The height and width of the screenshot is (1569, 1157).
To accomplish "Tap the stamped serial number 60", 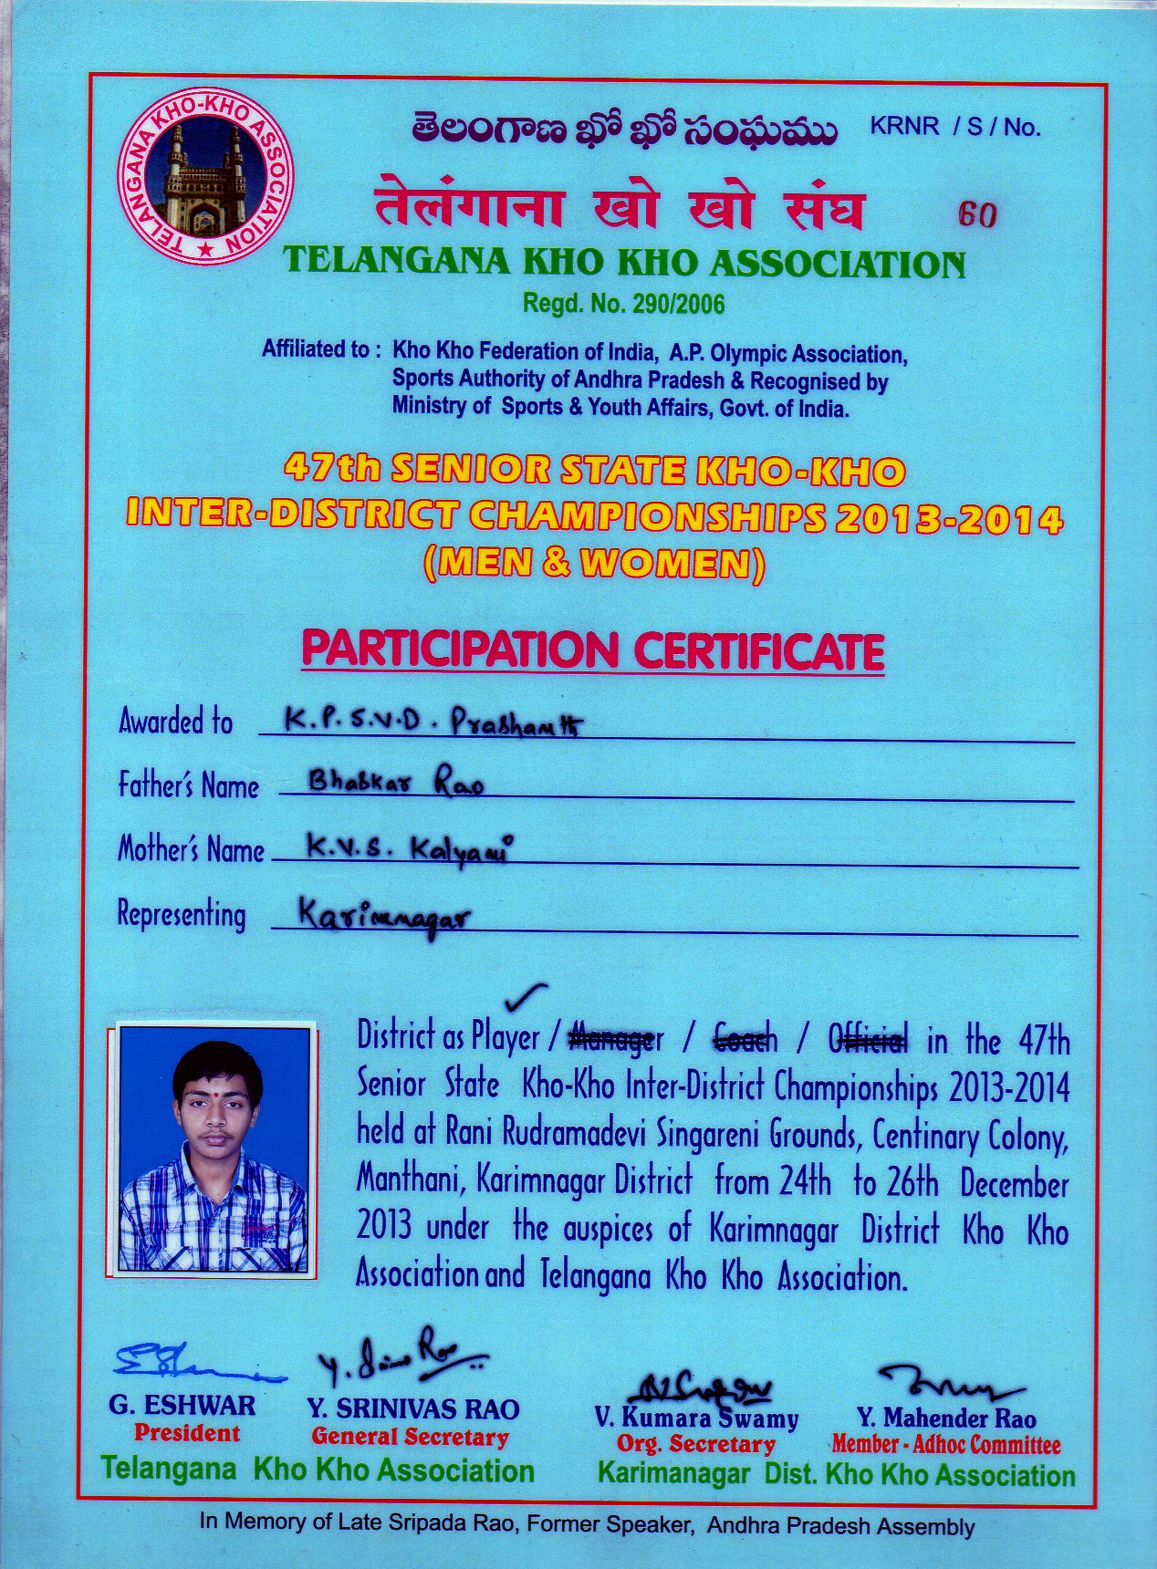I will [977, 214].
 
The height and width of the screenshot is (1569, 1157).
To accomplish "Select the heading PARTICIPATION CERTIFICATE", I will [593, 650].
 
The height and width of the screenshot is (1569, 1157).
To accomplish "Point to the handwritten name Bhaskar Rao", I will [396, 782].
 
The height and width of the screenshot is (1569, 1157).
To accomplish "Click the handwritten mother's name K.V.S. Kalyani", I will [406, 849].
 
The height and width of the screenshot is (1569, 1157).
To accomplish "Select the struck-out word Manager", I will [615, 1038].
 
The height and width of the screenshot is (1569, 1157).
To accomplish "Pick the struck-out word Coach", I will [745, 1038].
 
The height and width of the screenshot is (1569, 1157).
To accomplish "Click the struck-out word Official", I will [868, 1038].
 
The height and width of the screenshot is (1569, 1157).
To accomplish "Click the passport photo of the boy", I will [213, 1148].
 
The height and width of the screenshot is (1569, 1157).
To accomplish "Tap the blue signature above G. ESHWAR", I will [187, 1362].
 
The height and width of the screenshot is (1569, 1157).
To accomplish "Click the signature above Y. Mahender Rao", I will [949, 1384].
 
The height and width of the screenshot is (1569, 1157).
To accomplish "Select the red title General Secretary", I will [410, 1437].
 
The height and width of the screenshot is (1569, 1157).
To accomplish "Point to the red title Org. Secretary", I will [695, 1444].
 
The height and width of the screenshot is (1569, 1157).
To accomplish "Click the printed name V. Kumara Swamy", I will [696, 1418].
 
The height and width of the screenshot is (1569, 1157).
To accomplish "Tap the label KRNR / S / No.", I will [954, 127].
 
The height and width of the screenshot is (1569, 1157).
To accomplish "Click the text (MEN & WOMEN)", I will [594, 564].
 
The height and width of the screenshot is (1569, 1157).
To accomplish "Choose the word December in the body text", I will [1014, 1184].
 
